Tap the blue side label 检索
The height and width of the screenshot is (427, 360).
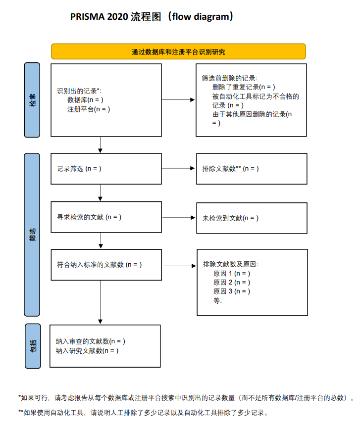pyautogui.click(x=32, y=100)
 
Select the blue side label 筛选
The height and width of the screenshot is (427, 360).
pyautogui.click(x=32, y=235)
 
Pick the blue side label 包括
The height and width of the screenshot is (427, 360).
pyautogui.click(x=32, y=346)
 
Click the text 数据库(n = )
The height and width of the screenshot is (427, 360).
pyautogui.click(x=85, y=100)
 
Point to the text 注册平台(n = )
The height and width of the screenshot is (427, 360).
pyautogui.click(x=89, y=109)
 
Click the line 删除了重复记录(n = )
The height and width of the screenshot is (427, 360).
pyautogui.click(x=244, y=87)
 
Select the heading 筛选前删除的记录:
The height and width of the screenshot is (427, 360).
pyautogui.click(x=229, y=78)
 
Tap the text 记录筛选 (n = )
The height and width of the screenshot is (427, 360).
pyautogui.click(x=79, y=169)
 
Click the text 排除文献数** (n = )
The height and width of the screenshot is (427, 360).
pyautogui.click(x=231, y=169)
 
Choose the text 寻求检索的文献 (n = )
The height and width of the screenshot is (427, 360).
pyautogui.click(x=89, y=217)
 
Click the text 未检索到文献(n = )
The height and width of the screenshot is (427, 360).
pyautogui.click(x=231, y=218)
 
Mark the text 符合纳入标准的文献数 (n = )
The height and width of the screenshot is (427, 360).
pyautogui.click(x=100, y=265)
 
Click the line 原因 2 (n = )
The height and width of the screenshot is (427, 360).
pyautogui.click(x=232, y=283)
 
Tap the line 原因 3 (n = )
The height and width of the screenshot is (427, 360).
pyautogui.click(x=232, y=291)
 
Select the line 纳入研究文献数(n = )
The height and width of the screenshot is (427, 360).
pyautogui.click(x=87, y=351)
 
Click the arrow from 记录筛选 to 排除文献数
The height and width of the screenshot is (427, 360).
pyautogui.click(x=179, y=169)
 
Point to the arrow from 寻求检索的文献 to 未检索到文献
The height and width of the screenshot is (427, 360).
pyautogui.click(x=179, y=218)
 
